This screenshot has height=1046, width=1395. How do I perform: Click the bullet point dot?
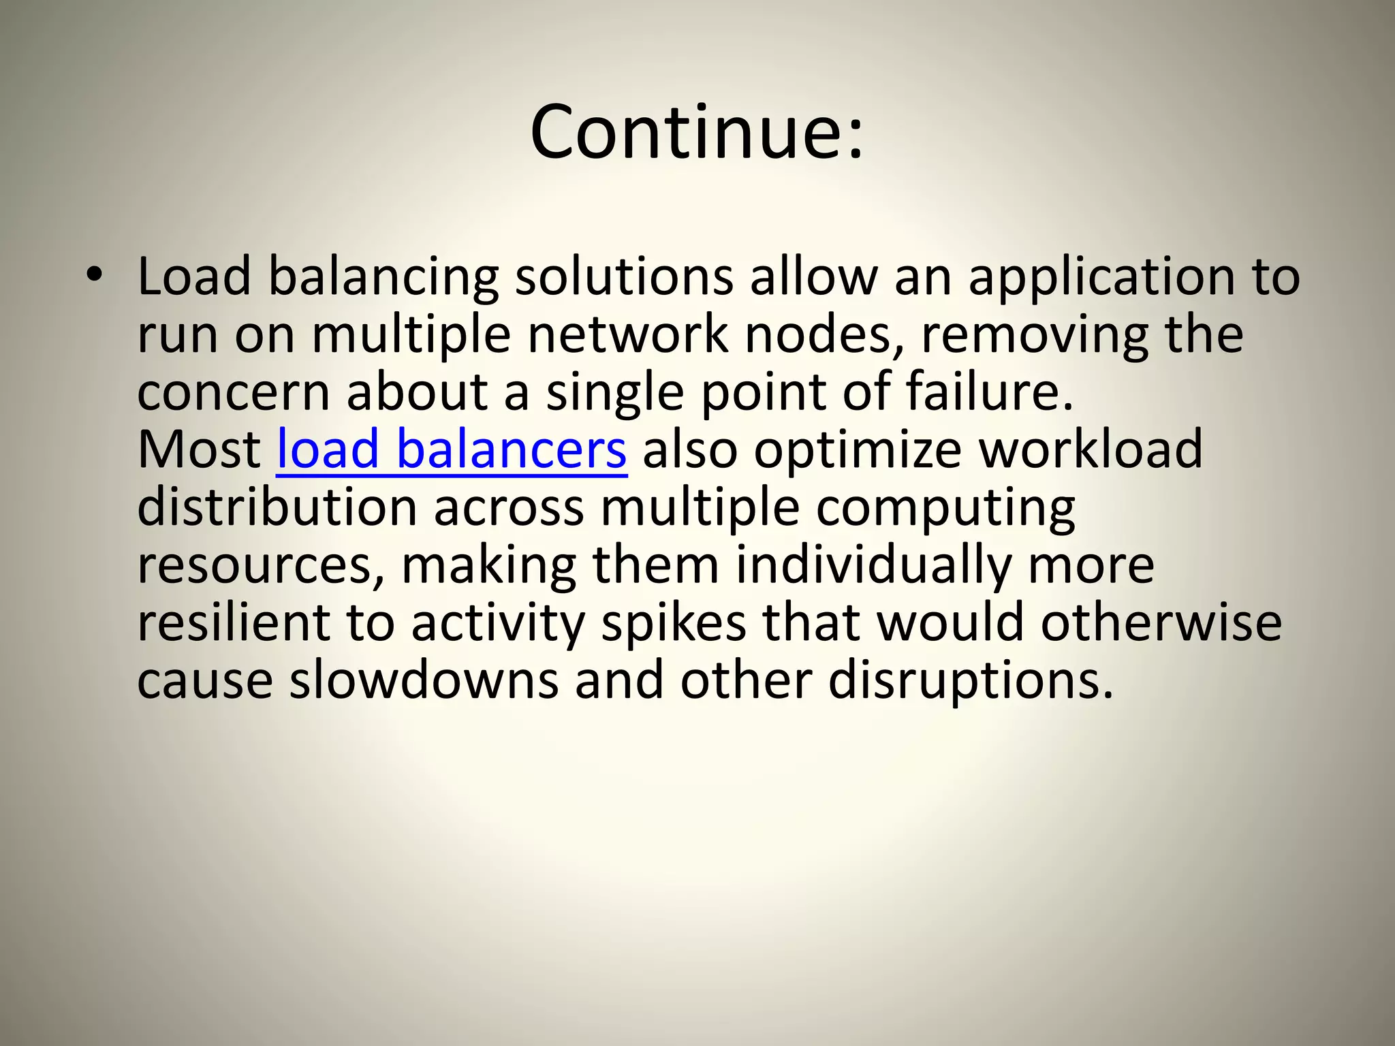click(x=94, y=275)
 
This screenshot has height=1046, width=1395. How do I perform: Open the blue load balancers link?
click(x=451, y=450)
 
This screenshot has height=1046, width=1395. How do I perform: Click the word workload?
click(x=1091, y=450)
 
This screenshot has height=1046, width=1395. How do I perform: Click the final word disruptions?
click(x=970, y=682)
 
